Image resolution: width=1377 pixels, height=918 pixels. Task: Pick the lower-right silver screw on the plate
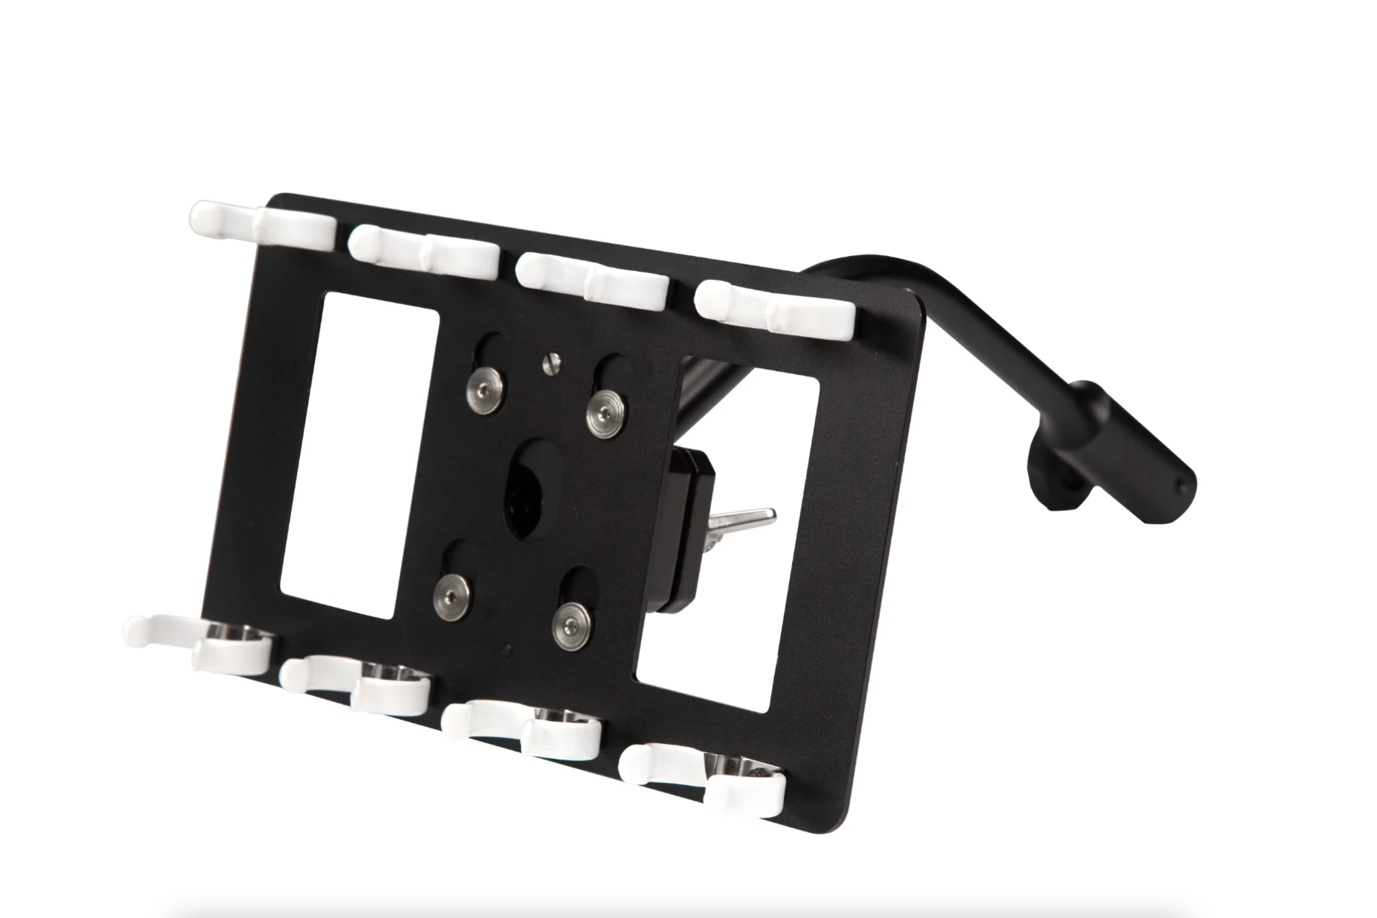pos(569,622)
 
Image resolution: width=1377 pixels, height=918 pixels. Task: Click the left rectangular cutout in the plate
pos(360,454)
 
